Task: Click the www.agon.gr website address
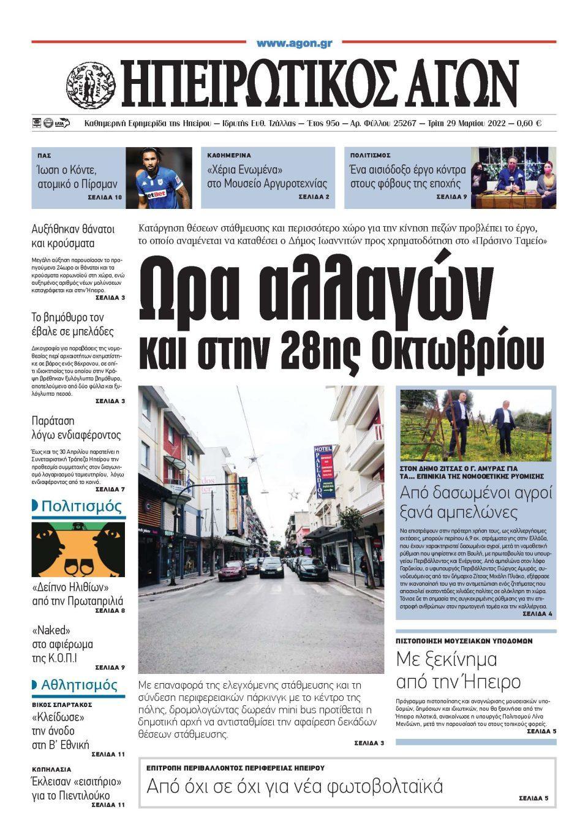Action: [294, 43]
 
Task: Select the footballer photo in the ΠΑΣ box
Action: [159, 178]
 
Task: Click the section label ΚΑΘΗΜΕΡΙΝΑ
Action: [229, 156]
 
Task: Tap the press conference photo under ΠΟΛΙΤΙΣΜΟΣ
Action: [513, 178]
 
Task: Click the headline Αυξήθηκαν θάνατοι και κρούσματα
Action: [73, 236]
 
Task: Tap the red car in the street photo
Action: [233, 571]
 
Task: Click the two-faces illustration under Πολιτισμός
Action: [78, 550]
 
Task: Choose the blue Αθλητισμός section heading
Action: [78, 685]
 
